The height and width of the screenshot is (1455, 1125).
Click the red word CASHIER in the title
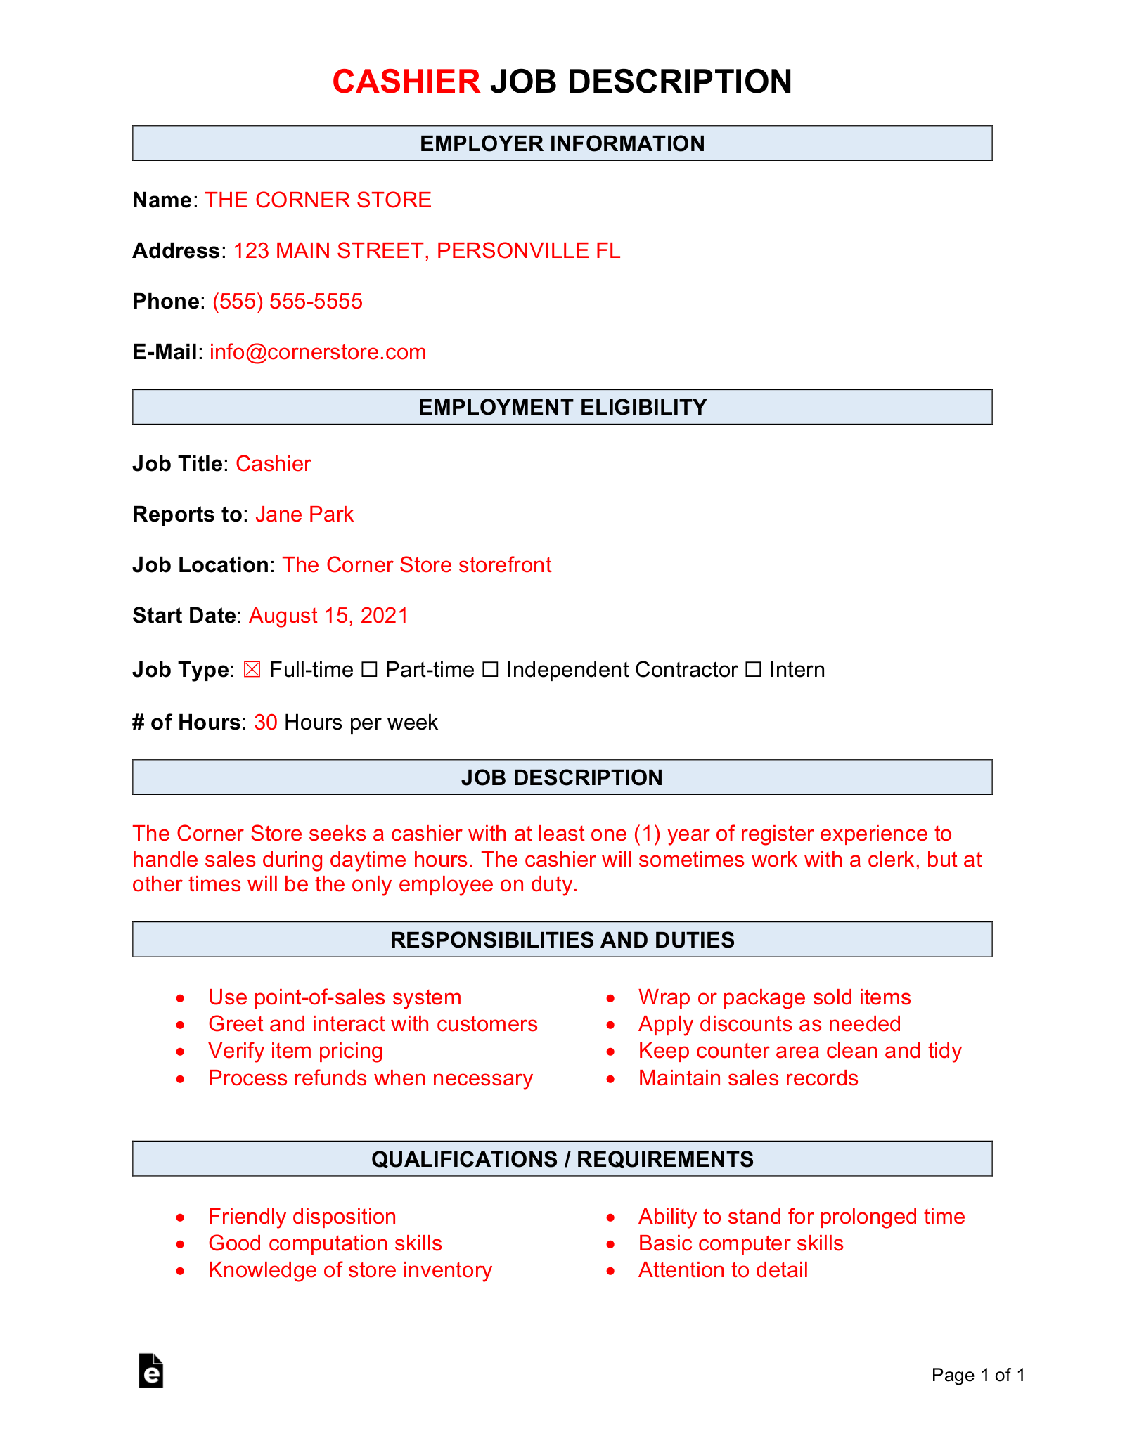406,82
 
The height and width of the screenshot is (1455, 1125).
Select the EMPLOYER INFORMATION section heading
562,143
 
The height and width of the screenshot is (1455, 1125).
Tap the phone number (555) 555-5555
287,302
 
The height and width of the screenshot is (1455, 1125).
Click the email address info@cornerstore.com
318,352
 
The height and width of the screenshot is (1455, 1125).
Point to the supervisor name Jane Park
304,515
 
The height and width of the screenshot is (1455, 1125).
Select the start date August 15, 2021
328,616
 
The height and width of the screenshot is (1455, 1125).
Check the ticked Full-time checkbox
252,670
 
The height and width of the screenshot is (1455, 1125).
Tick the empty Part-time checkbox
369,670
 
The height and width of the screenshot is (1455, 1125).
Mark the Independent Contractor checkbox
490,670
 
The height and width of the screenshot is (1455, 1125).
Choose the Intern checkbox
753,670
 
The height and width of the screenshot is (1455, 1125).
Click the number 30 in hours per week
265,723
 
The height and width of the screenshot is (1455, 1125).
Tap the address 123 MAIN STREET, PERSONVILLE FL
426,251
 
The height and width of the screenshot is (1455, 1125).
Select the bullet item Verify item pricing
295,1051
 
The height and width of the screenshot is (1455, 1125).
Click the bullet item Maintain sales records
748,1078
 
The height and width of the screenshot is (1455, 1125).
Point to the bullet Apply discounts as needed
769,1024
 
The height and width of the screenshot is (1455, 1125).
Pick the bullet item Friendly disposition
302,1217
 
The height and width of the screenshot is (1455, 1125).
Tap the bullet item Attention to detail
723,1270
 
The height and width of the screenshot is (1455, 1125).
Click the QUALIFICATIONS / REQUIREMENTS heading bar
562,1159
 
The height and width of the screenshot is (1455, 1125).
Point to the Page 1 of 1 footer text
978,1375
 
